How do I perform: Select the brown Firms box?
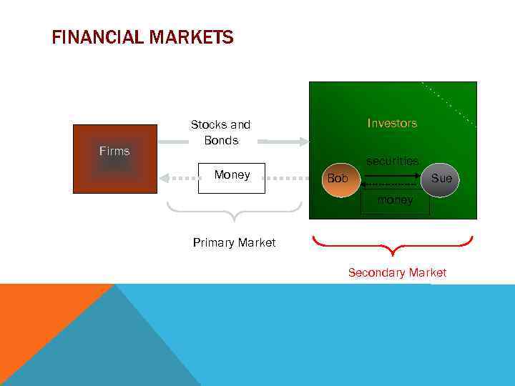[x=114, y=159]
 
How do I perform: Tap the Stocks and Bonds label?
[x=220, y=132]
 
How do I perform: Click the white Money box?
[x=232, y=178]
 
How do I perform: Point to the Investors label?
[x=392, y=123]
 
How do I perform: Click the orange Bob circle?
[x=337, y=179]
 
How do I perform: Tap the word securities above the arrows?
[x=392, y=162]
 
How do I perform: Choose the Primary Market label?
[x=234, y=242]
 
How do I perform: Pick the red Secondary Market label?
[x=397, y=272]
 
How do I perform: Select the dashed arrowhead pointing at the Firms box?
[x=164, y=177]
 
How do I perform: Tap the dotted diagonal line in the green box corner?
[x=449, y=104]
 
